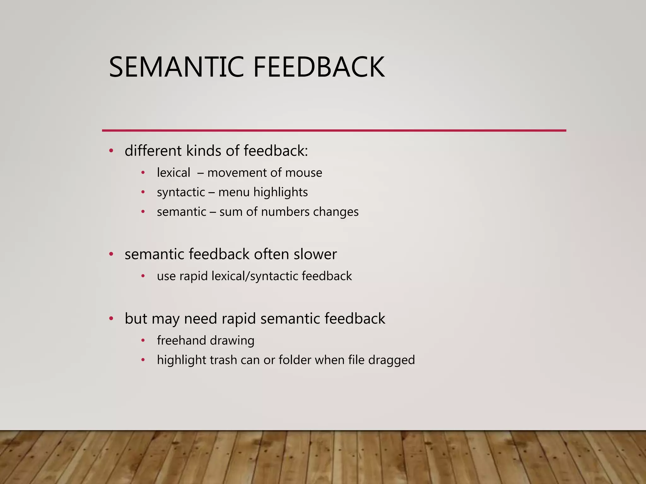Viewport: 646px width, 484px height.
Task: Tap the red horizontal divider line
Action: [x=334, y=130]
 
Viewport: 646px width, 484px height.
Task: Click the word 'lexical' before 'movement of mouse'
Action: [x=173, y=173]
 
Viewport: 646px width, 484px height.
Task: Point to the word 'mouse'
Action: [x=303, y=173]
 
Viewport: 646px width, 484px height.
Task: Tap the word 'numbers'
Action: [x=285, y=212]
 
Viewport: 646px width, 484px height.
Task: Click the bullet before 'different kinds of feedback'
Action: [x=111, y=151]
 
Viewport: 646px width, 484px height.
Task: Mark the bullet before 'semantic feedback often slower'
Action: [x=111, y=254]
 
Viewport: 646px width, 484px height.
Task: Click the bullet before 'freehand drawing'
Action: [x=143, y=341]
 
